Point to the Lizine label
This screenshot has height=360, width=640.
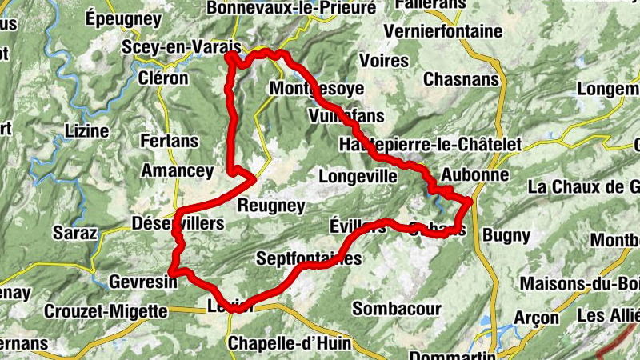pyautogui.click(x=86, y=130)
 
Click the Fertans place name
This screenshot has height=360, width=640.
pyautogui.click(x=169, y=141)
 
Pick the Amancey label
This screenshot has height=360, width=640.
pyautogui.click(x=177, y=170)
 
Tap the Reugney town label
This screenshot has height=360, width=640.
pyautogui.click(x=271, y=206)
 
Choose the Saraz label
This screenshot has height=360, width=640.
pyautogui.click(x=74, y=234)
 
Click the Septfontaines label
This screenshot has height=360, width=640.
pyautogui.click(x=309, y=258)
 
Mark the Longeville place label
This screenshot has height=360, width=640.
pyautogui.click(x=358, y=175)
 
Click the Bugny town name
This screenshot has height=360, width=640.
pyautogui.click(x=506, y=235)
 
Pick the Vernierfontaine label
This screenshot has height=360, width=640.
pyautogui.click(x=443, y=31)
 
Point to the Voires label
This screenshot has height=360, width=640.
pyautogui.click(x=384, y=61)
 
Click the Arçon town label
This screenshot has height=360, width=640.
pyautogui.click(x=531, y=318)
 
